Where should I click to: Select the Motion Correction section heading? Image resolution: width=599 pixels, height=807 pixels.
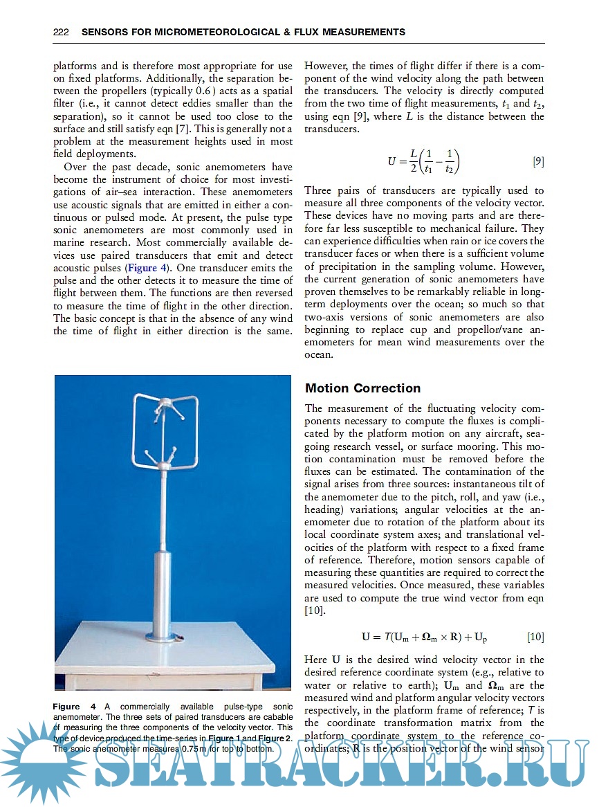click(362, 388)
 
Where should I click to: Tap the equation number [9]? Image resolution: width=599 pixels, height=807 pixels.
click(537, 162)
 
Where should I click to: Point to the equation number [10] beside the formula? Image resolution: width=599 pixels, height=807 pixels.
click(535, 636)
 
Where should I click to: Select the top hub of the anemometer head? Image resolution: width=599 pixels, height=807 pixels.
click(166, 402)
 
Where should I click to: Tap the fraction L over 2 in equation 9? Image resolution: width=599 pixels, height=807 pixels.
click(414, 162)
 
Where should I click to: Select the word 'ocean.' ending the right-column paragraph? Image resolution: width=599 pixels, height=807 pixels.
click(319, 354)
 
